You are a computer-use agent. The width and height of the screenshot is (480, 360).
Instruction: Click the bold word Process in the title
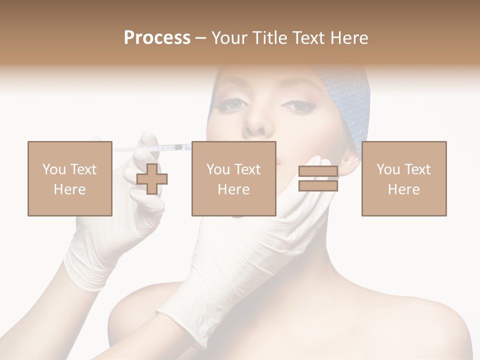(157, 38)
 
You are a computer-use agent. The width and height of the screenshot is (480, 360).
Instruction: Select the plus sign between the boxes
(152, 178)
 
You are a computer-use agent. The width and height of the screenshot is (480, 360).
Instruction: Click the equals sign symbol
(318, 178)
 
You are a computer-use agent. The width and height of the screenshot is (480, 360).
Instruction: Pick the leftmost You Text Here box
(69, 178)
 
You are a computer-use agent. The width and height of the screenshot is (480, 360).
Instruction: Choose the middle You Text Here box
(233, 178)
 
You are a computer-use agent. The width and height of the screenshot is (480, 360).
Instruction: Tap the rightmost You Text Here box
(403, 178)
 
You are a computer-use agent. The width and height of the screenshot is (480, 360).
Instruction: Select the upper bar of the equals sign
(318, 171)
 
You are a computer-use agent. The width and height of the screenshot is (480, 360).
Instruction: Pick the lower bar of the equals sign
(318, 185)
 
